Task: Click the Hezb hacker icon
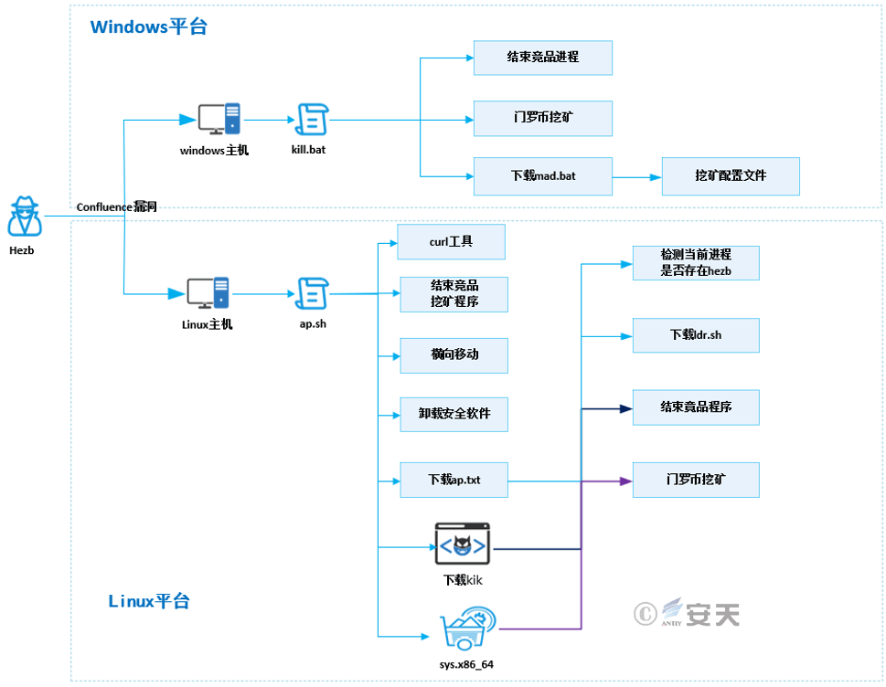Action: pyautogui.click(x=25, y=217)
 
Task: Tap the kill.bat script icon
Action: pyautogui.click(x=312, y=119)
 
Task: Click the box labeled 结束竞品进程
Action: pyautogui.click(x=542, y=58)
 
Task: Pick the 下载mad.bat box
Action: pyautogui.click(x=542, y=175)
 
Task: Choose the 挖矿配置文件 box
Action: pyautogui.click(x=731, y=175)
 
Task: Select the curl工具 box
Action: pyautogui.click(x=452, y=242)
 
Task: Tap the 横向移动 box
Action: pyautogui.click(x=454, y=354)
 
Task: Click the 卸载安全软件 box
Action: pyautogui.click(x=454, y=414)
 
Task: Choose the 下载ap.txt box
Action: pyautogui.click(x=454, y=480)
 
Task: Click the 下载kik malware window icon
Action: pyautogui.click(x=462, y=544)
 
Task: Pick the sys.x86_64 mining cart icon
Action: pyautogui.click(x=467, y=629)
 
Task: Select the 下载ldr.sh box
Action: pyautogui.click(x=695, y=335)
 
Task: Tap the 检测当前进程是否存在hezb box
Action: pyautogui.click(x=695, y=263)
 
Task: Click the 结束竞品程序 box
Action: pyautogui.click(x=695, y=407)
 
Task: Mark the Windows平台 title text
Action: pyautogui.click(x=148, y=27)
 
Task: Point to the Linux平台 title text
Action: pyautogui.click(x=149, y=601)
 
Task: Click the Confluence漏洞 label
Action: pyautogui.click(x=116, y=207)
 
